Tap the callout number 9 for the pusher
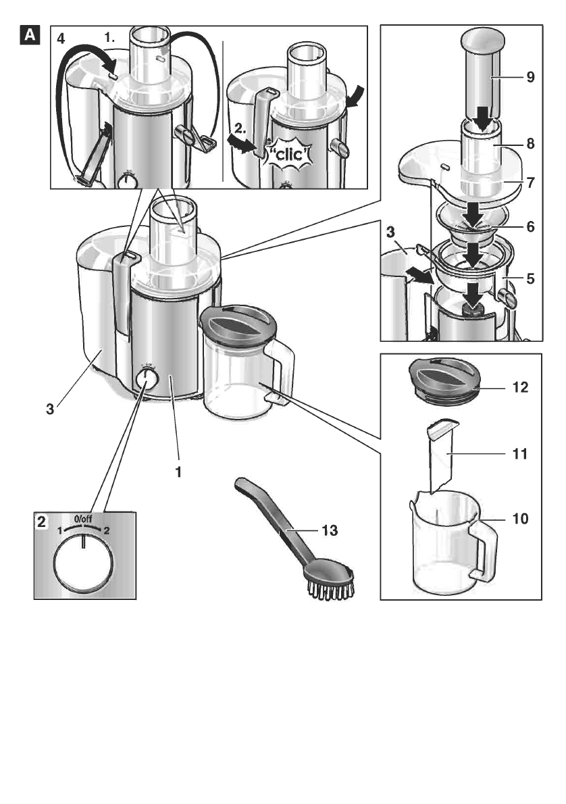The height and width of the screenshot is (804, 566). pyautogui.click(x=530, y=77)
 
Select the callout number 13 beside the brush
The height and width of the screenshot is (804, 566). pyautogui.click(x=329, y=531)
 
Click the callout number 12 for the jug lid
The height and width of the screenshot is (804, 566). pyautogui.click(x=519, y=388)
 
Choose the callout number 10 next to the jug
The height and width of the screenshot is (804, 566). pyautogui.click(x=519, y=520)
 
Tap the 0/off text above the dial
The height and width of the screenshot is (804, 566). pyautogui.click(x=83, y=518)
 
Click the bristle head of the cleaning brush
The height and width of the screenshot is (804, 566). pyautogui.click(x=332, y=582)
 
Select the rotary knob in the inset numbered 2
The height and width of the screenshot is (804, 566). pyautogui.click(x=82, y=566)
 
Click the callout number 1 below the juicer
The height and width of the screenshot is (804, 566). pyautogui.click(x=178, y=473)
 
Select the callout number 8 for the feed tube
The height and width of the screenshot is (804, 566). pyautogui.click(x=530, y=143)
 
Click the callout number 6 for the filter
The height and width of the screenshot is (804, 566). pyautogui.click(x=530, y=227)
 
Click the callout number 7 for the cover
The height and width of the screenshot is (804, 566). pyautogui.click(x=530, y=182)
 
